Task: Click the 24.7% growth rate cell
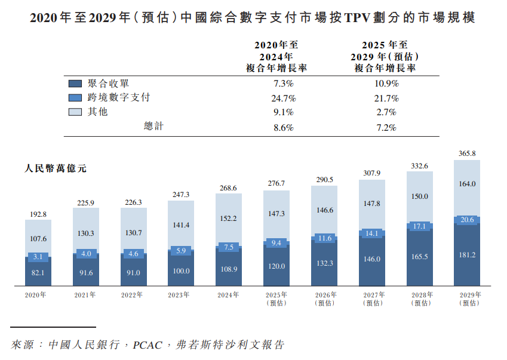click(x=284, y=98)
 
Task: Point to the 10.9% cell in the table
click(x=385, y=84)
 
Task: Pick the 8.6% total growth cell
click(x=284, y=127)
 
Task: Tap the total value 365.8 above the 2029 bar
click(x=467, y=153)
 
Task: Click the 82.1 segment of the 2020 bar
click(x=38, y=272)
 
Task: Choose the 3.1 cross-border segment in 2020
click(x=38, y=257)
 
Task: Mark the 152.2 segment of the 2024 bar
click(x=229, y=219)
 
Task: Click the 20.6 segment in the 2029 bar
click(x=467, y=220)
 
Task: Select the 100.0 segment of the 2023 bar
click(x=180, y=270)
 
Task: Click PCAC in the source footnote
click(x=146, y=345)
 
